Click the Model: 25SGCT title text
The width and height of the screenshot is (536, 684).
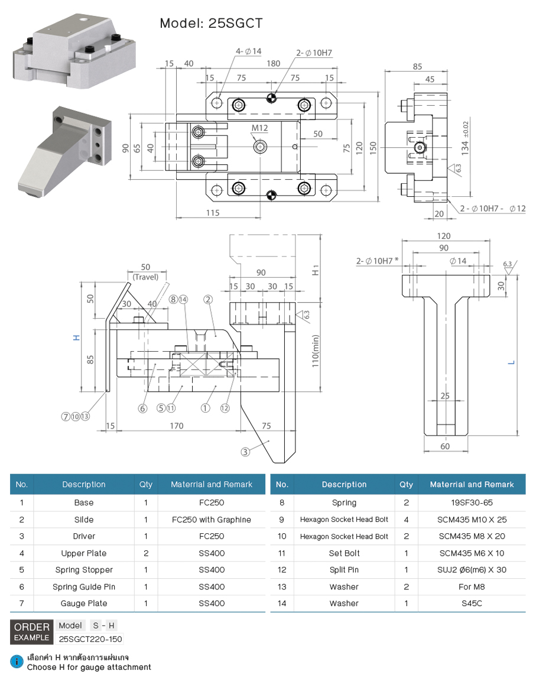(211, 23)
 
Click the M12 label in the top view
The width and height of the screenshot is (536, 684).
(259, 128)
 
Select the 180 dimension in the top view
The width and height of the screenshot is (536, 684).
(272, 64)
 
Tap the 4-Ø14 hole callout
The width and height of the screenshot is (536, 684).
(248, 51)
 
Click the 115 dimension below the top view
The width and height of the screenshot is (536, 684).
(213, 213)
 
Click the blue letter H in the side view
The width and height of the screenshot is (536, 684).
(76, 338)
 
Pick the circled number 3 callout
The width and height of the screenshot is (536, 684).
(245, 452)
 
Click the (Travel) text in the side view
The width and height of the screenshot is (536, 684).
(145, 277)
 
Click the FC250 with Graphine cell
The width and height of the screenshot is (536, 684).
(211, 520)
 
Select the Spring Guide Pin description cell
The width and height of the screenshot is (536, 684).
(84, 587)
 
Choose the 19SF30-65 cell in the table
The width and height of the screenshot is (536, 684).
(472, 503)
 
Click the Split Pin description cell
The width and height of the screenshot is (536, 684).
(344, 570)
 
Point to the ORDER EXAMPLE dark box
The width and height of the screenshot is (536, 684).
(32, 632)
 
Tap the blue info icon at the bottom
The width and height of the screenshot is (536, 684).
(18, 662)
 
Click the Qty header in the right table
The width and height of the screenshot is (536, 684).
(406, 485)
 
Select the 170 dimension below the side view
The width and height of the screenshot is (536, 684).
(176, 426)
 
